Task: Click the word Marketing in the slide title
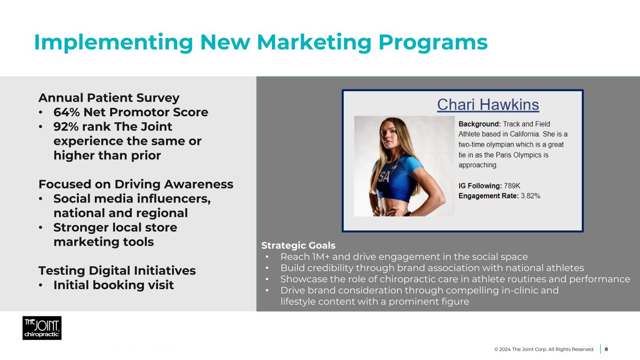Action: click(x=314, y=43)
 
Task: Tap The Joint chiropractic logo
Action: click(x=42, y=328)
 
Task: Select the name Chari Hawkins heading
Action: click(x=488, y=105)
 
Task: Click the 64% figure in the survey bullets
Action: click(x=67, y=112)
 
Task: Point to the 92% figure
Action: click(x=66, y=127)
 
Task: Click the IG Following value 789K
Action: click(x=512, y=186)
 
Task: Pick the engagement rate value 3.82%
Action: click(x=531, y=196)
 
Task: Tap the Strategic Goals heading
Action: click(x=298, y=246)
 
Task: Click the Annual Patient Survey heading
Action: click(x=109, y=98)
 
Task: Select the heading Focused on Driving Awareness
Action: click(x=136, y=184)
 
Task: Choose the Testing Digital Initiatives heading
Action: click(x=117, y=270)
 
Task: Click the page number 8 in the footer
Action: click(x=606, y=349)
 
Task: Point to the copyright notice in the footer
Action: click(x=544, y=349)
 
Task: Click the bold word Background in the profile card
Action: click(x=480, y=124)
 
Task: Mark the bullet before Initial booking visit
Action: click(x=41, y=285)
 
